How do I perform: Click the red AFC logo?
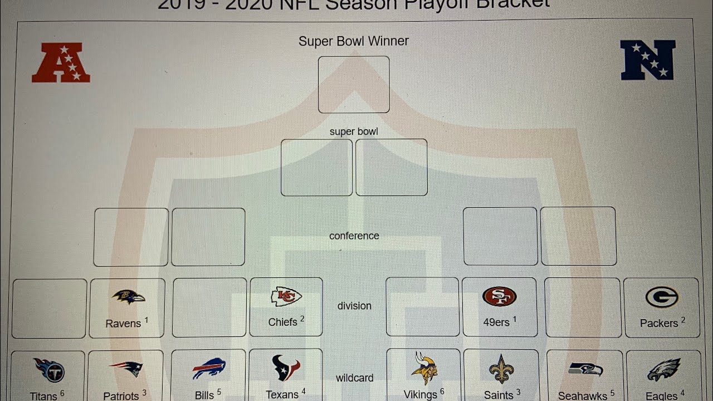[x=61, y=63]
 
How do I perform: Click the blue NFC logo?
[x=648, y=60]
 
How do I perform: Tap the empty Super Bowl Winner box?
[x=354, y=85]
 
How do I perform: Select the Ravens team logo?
[x=129, y=297]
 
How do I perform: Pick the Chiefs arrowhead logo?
[x=286, y=296]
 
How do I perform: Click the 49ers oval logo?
[x=499, y=296]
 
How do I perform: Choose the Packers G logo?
[x=662, y=297]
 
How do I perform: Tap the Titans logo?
[x=49, y=370]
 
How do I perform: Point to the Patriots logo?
[x=126, y=369]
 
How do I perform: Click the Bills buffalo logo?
[x=209, y=369]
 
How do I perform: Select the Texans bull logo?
[x=286, y=368]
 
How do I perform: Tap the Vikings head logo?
[x=424, y=368]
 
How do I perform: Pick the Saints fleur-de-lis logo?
[x=501, y=369]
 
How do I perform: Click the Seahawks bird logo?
[x=585, y=369]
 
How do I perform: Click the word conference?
[x=354, y=236]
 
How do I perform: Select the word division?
[x=354, y=306]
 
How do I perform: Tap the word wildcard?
[x=354, y=378]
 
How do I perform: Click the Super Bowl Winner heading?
[x=354, y=41]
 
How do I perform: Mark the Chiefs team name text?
[x=283, y=322]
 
